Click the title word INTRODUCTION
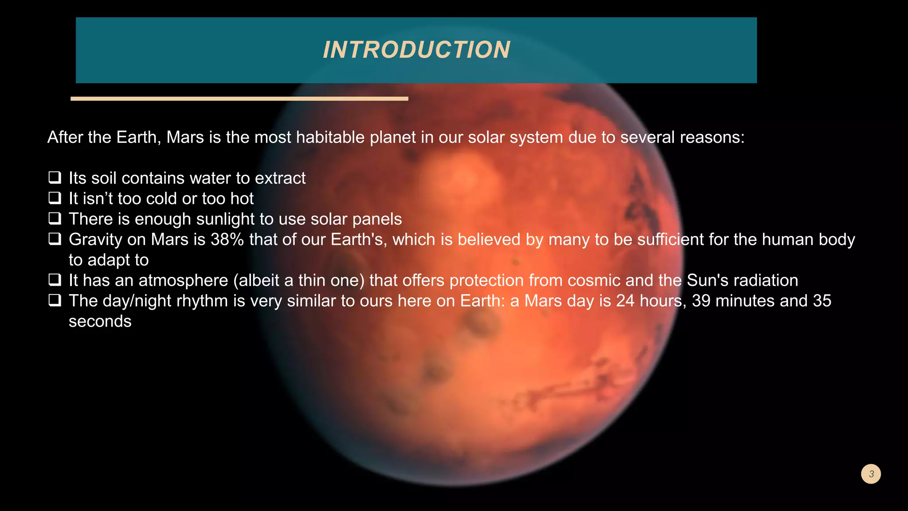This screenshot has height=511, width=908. tap(416, 50)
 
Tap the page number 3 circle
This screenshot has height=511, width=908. tap(871, 474)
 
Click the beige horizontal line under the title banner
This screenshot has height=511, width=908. tap(239, 99)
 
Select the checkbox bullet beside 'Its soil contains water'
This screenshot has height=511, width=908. tap(55, 178)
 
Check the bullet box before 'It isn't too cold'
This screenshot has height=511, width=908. tap(55, 198)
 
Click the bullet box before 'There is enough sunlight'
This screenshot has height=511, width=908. tap(55, 219)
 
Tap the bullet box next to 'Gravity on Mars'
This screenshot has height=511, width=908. tap(55, 239)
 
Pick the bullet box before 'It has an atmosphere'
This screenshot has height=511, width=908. tap(55, 280)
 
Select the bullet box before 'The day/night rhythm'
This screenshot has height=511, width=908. tap(55, 300)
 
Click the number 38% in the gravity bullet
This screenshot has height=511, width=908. tap(227, 240)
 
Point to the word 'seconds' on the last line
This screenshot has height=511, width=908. tap(100, 321)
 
